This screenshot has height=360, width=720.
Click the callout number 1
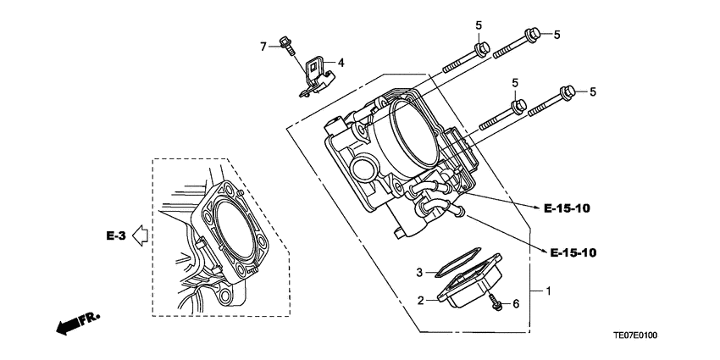(x=549, y=291)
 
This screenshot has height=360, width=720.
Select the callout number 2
(x=420, y=299)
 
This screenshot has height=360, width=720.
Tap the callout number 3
(x=418, y=272)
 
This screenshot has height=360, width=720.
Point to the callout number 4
(x=341, y=63)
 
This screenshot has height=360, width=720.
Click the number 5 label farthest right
(x=593, y=91)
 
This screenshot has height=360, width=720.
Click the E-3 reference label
(x=116, y=237)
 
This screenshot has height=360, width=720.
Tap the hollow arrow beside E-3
(x=141, y=237)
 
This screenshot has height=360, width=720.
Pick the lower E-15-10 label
(x=578, y=252)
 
